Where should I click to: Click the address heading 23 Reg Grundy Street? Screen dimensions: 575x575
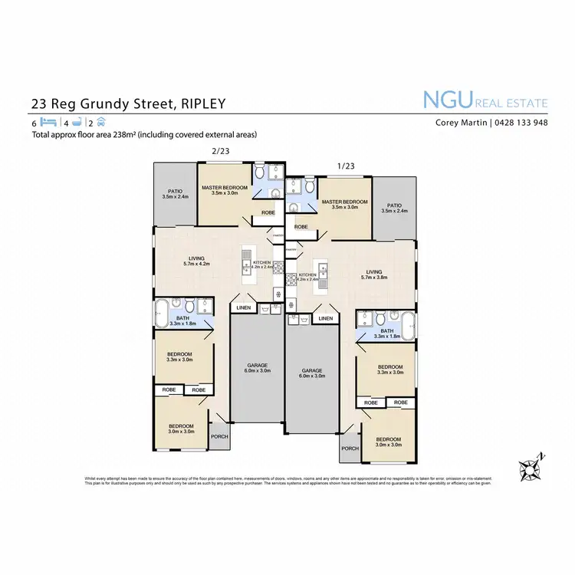coord(128,103)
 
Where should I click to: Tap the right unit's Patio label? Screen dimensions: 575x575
coord(394,207)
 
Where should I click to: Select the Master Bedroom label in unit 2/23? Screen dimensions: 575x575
coord(225,190)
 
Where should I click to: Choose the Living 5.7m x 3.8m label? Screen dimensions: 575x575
coord(374,274)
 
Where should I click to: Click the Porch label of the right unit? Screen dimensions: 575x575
coord(350,449)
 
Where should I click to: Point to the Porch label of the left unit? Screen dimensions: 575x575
coord(220,436)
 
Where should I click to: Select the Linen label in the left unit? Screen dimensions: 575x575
coord(244,307)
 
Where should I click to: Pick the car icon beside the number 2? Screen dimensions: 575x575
coord(101,123)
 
